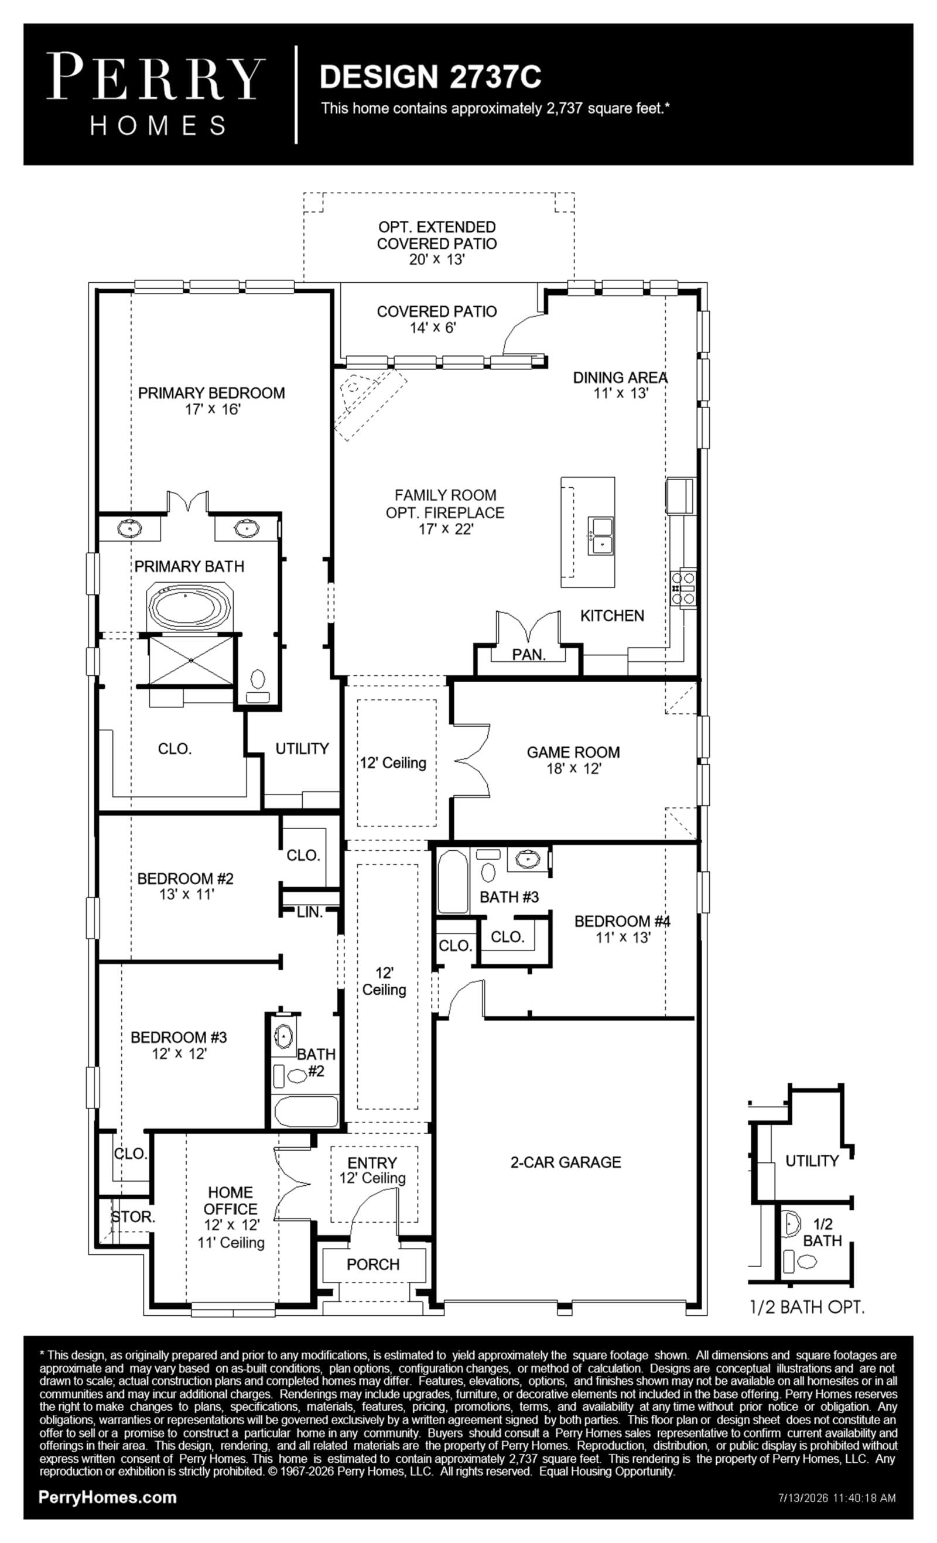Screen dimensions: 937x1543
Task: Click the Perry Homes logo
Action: (x=155, y=94)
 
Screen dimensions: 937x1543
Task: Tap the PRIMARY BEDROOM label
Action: (x=211, y=393)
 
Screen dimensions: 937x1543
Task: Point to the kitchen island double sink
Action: (x=600, y=536)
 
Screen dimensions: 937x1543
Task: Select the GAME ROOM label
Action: (x=573, y=752)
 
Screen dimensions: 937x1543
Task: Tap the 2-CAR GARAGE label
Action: (x=566, y=1162)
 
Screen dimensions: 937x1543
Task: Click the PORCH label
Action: (x=372, y=1264)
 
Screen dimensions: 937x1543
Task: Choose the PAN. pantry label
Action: (x=529, y=655)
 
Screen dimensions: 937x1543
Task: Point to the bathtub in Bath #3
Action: (x=452, y=881)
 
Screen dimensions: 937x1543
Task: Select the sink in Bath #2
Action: (x=283, y=1037)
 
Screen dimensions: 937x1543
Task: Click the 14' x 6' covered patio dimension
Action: (x=433, y=327)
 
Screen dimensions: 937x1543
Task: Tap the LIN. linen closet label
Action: (x=309, y=912)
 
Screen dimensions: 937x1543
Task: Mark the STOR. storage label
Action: (x=133, y=1217)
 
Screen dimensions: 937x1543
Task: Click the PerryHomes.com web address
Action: (x=107, y=1497)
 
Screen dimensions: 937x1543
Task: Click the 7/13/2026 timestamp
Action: (x=837, y=1498)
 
